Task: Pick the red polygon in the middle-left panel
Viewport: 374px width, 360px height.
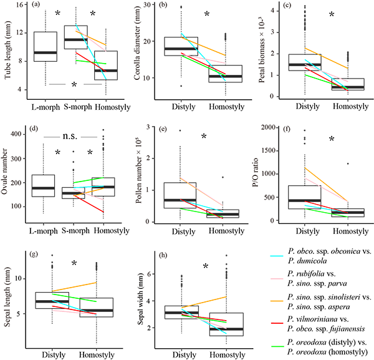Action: pyautogui.click(x=92, y=205)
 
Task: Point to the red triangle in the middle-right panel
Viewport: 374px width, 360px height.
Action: pyautogui.click(x=327, y=204)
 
